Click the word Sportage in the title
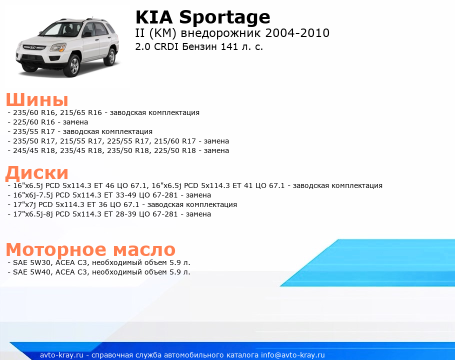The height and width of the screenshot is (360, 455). point(224,17)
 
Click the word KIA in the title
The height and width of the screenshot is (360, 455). point(154,17)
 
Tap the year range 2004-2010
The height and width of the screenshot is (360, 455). point(297,33)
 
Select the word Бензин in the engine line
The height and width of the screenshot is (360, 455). point(199,46)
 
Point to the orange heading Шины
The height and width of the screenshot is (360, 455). point(37,100)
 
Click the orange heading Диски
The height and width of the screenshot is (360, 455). point(37,173)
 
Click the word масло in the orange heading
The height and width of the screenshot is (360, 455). point(144,249)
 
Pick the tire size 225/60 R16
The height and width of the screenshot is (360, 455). point(34,122)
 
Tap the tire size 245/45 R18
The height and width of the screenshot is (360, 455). point(34,150)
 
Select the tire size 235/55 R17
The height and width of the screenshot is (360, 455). point(34,131)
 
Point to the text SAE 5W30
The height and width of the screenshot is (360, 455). point(32,262)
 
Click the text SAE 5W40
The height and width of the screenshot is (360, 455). point(32,272)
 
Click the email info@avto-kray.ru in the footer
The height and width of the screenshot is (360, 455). point(293,355)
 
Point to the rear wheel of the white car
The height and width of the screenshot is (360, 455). point(111,57)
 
